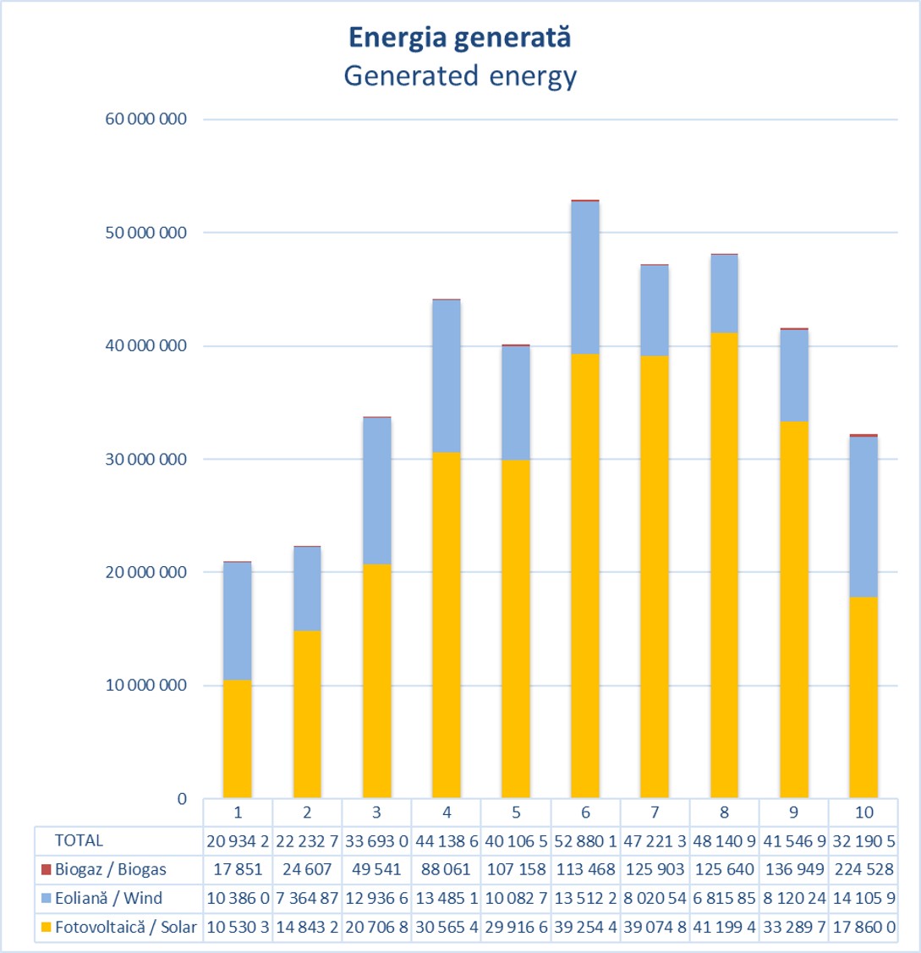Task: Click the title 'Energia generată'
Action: tap(460, 38)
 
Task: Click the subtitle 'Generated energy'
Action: tap(460, 76)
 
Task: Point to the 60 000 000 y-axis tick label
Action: tap(146, 119)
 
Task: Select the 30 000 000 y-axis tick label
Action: tap(146, 459)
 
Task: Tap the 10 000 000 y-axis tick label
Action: tap(146, 686)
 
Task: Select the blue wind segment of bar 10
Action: tap(863, 517)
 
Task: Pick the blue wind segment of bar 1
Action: tap(238, 621)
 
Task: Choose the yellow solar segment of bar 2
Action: tap(307, 714)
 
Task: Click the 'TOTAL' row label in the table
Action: tap(79, 840)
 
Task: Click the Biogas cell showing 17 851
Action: tap(238, 869)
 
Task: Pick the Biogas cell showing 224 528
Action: tap(863, 869)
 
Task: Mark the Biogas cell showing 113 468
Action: tap(585, 869)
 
